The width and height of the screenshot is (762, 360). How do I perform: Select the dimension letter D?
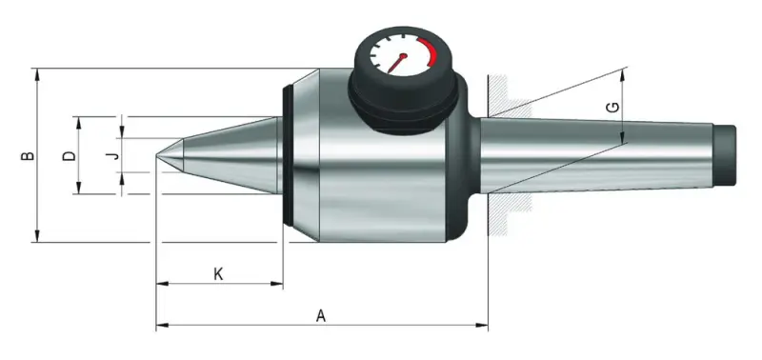point(67,155)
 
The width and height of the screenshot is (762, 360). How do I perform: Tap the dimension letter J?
point(111,154)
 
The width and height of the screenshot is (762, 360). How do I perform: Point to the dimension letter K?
point(218,273)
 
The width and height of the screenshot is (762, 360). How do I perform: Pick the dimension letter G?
point(611,109)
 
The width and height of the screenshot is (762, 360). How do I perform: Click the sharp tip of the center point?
point(158,154)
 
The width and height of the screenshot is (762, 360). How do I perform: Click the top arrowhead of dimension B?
point(37,72)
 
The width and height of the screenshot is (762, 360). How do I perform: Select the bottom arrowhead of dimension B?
point(37,238)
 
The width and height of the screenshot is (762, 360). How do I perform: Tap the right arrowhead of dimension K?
point(279,284)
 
